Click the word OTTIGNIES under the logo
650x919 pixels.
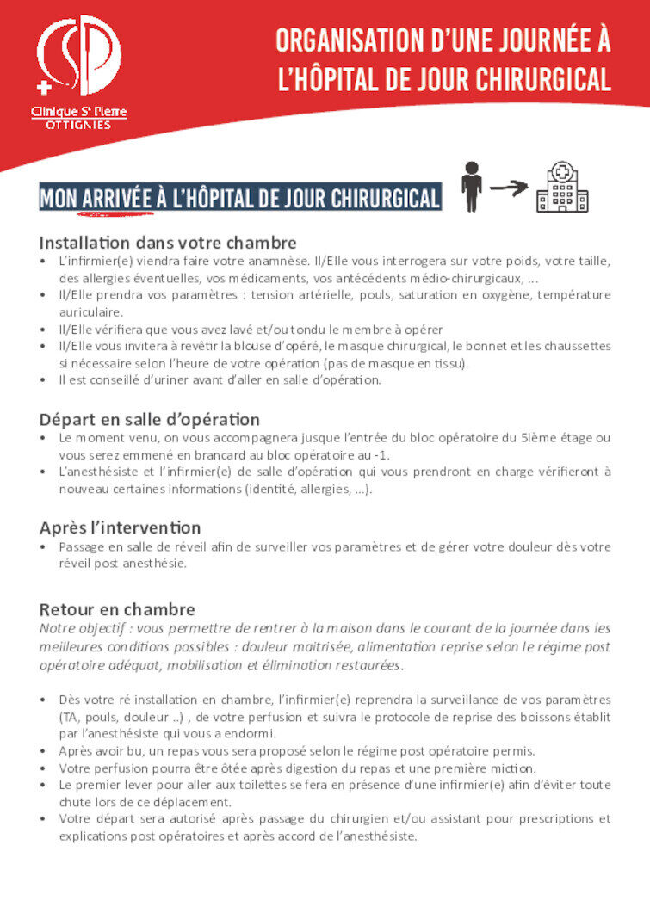tap(77, 125)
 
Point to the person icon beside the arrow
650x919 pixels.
tap(470, 186)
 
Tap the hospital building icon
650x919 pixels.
tap(561, 187)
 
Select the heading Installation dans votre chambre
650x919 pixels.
tap(168, 243)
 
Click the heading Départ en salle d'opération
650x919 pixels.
tap(150, 420)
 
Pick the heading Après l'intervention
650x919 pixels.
tap(121, 527)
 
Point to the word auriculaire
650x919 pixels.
tap(90, 311)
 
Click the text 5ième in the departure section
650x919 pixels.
tap(536, 438)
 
